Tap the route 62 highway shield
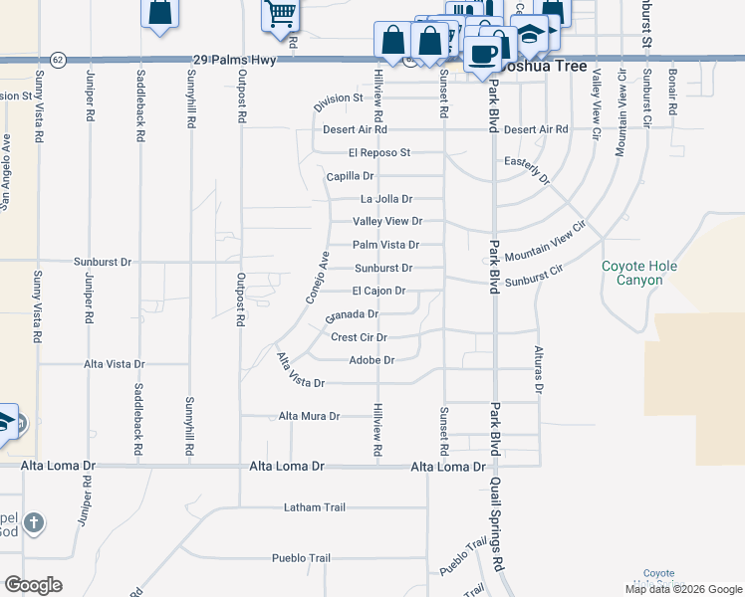[59, 60]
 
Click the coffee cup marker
[484, 53]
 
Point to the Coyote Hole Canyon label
[632, 273]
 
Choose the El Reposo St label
[379, 152]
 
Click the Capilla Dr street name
[350, 176]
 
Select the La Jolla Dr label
[385, 199]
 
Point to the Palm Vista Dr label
[385, 245]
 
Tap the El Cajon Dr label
[378, 291]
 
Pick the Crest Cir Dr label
[359, 337]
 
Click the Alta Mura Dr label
[309, 416]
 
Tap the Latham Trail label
[314, 507]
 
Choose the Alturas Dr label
[538, 371]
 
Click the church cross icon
[33, 522]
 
